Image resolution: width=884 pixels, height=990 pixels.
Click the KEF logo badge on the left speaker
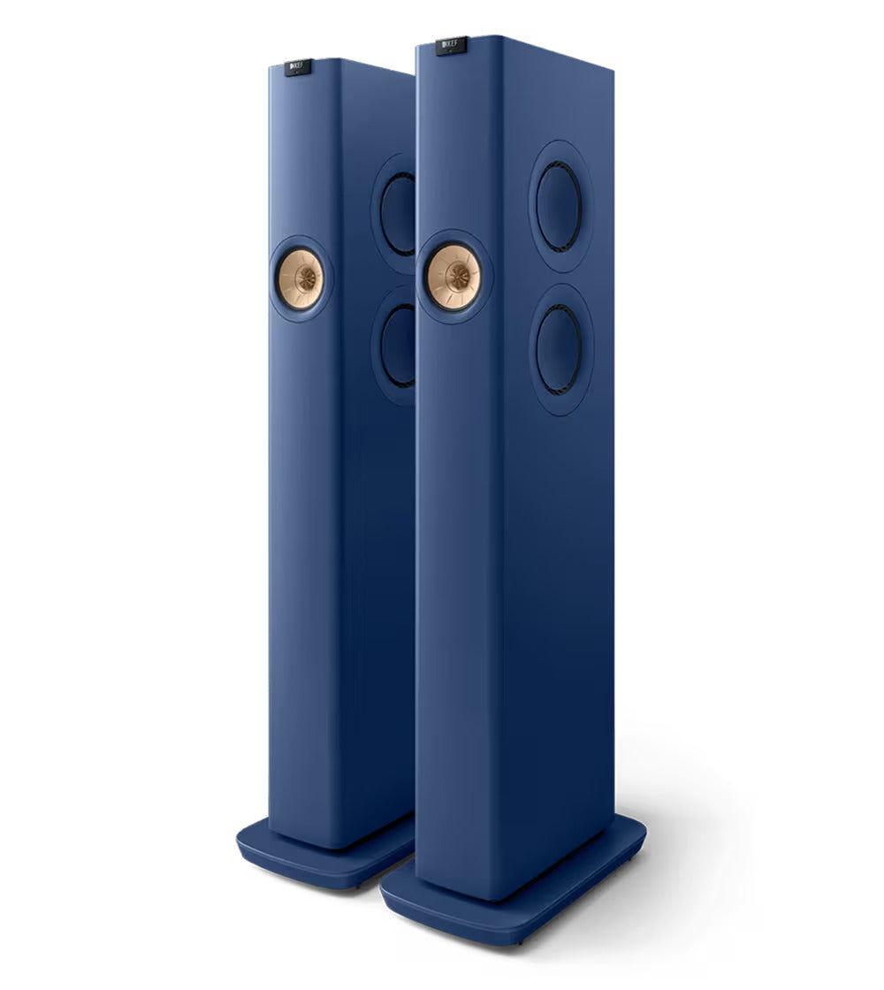coord(298,67)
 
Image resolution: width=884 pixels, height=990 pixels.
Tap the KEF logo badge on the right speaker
coord(451,45)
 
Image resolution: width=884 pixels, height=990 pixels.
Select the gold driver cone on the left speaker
coord(300,279)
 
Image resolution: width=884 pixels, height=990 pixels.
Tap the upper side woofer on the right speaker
coord(559,207)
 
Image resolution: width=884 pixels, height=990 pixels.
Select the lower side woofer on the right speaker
coord(559,350)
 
